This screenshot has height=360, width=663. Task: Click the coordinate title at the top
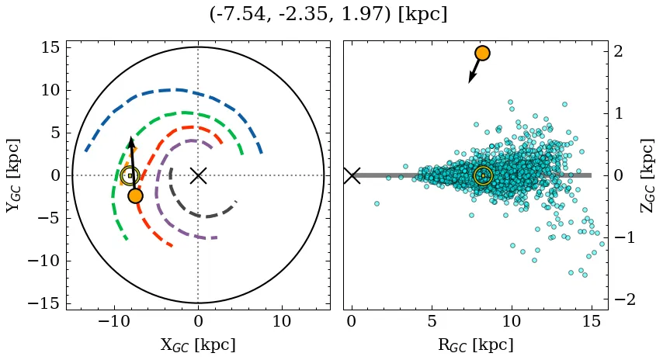click(328, 15)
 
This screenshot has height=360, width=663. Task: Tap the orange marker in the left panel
click(135, 196)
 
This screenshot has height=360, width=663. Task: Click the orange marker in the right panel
click(482, 53)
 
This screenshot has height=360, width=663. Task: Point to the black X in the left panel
click(198, 175)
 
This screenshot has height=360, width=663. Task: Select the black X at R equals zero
click(352, 175)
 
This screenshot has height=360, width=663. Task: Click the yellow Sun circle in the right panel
click(483, 175)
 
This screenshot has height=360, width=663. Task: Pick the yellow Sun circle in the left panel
click(130, 176)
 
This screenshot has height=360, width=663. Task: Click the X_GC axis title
click(198, 344)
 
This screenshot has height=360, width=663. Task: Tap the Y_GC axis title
click(13, 175)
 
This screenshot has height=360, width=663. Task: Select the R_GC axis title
click(475, 344)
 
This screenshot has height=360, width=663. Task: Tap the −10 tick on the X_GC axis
click(115, 321)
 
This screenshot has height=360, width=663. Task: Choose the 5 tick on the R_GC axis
click(432, 321)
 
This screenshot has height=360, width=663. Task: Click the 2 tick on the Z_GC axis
click(620, 51)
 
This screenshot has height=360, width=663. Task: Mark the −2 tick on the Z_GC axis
click(624, 299)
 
